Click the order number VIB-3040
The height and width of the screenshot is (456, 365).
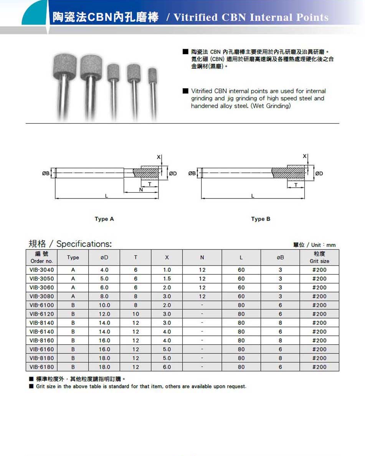coord(42,270)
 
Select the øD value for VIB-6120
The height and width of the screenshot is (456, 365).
coord(104,314)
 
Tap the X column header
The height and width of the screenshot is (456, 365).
coord(167,257)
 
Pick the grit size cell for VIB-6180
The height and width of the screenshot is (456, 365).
coord(319,367)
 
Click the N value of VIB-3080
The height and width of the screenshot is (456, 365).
coord(202,296)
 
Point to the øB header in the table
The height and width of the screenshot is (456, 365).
coord(280,257)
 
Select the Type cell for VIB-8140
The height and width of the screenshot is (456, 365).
coord(73,323)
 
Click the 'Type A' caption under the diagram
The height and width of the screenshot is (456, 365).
coord(104,219)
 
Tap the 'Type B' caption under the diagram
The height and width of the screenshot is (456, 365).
coord(261,219)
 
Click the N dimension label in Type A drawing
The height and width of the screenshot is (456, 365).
coord(141,190)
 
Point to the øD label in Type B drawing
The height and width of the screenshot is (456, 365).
coord(319,173)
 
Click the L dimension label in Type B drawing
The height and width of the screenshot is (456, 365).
coord(253,196)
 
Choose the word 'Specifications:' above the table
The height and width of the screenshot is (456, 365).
coord(84,244)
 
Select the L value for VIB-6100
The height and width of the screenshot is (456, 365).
coord(241,305)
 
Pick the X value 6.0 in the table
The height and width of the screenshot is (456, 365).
coord(167,367)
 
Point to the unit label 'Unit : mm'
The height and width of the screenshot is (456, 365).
coord(323,245)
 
